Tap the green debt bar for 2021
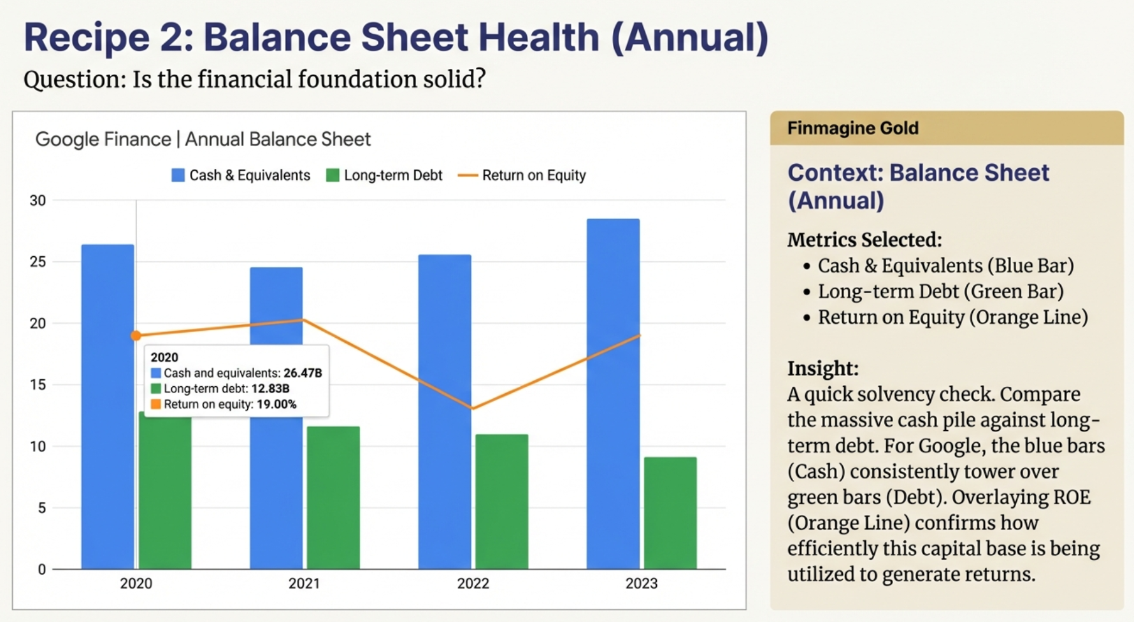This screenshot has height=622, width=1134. (333, 498)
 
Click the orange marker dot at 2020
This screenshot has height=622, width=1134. (136, 335)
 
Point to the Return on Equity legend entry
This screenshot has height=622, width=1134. (522, 175)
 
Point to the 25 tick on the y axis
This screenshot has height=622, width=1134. (38, 262)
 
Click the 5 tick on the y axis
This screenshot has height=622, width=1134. (41, 508)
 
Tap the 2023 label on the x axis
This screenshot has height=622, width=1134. (641, 583)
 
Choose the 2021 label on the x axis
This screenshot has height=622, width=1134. (304, 583)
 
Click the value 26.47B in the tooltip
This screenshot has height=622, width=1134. (303, 373)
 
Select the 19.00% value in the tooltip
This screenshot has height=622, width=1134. (276, 404)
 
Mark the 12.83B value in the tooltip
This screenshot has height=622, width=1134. (270, 389)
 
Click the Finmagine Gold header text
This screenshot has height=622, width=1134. (852, 128)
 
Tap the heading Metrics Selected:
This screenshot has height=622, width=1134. (864, 240)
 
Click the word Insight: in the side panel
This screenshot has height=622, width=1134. (822, 368)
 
